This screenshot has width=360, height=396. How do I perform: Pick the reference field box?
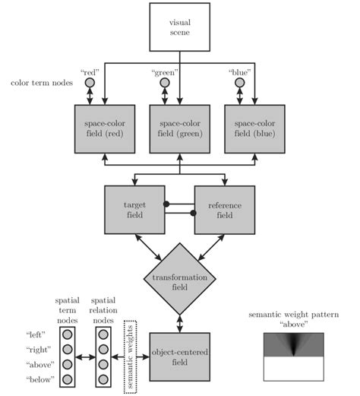click(x=225, y=211)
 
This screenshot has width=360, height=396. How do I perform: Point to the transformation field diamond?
click(x=179, y=279)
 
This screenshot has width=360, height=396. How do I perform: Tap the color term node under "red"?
click(x=90, y=83)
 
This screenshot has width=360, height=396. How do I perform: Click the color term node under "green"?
click(x=165, y=83)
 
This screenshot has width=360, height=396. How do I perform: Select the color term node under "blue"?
click(x=239, y=83)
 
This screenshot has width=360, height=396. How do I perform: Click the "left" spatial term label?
click(x=36, y=334)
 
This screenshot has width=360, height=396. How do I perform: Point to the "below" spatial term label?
click(x=36, y=379)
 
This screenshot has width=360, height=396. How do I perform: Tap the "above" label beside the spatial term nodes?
click(x=36, y=363)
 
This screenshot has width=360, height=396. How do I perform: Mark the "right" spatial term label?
click(x=36, y=349)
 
